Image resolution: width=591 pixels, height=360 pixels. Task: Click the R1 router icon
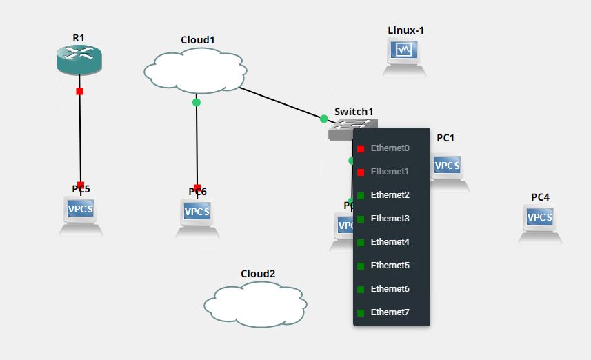tap(79, 61)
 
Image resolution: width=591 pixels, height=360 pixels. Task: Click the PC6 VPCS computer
tap(197, 214)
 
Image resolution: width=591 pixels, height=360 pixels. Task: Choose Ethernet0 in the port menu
tap(390, 148)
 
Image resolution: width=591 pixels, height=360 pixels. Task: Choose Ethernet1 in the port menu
tap(390, 172)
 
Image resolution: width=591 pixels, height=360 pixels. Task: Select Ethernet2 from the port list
tap(390, 195)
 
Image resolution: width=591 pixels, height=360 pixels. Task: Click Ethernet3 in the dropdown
tap(390, 219)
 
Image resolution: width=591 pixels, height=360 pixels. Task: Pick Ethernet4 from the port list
tap(390, 242)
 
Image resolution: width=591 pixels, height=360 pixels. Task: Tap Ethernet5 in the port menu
tap(390, 266)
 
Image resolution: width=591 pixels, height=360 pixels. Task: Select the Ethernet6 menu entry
tap(390, 289)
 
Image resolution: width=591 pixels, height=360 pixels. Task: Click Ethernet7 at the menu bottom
tap(390, 312)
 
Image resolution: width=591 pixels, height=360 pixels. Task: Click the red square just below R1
tap(79, 91)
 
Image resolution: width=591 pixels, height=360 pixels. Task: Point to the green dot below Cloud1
tap(197, 102)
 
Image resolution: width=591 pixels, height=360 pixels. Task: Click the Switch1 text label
tap(354, 111)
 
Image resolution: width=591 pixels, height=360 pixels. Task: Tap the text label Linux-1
tap(405, 30)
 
